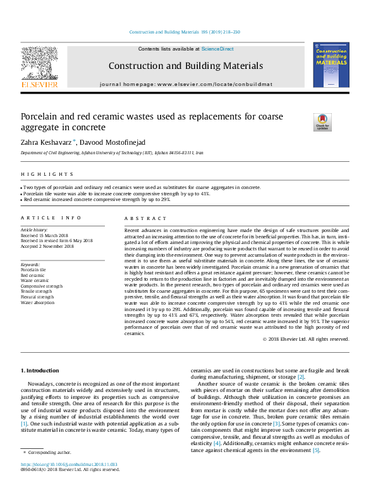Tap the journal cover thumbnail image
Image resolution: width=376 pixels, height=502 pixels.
tap(331, 64)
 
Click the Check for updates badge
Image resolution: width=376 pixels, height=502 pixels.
tap(322, 122)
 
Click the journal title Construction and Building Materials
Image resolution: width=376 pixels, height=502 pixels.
tap(185, 66)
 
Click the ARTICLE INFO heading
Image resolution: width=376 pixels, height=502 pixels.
tap(51, 217)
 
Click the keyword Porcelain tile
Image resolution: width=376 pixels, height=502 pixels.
tap(33, 269)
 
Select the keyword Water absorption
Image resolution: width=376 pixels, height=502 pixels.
tap(37, 303)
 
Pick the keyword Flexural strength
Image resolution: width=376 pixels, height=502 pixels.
tap(37, 297)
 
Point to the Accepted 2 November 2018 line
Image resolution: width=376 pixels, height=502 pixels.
tap(47, 246)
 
